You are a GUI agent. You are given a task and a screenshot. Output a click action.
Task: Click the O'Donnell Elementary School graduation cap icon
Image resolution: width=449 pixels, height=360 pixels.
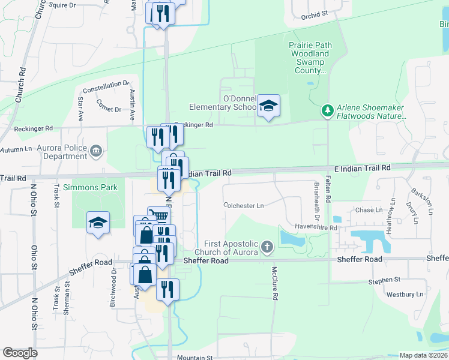[269, 107]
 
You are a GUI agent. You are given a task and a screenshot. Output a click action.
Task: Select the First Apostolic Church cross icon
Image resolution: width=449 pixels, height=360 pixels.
[267, 246]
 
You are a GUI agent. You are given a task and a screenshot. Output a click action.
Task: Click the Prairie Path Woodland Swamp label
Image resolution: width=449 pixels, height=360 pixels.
[309, 58]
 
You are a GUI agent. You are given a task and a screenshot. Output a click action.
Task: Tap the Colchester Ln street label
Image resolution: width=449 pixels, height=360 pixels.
[244, 206]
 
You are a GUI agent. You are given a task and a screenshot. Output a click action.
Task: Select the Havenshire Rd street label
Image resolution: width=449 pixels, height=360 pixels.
[316, 228]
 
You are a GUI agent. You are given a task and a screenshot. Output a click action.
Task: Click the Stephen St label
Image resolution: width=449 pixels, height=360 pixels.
[385, 280]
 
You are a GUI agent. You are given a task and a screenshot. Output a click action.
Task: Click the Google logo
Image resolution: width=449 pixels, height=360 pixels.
[20, 353]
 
